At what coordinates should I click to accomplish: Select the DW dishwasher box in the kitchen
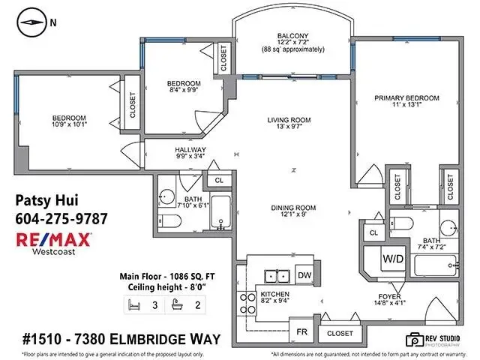click(x=304, y=275)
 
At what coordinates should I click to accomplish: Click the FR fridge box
click(x=301, y=331)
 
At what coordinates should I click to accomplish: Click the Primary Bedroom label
click(x=406, y=98)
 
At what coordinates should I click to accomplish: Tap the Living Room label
click(x=289, y=121)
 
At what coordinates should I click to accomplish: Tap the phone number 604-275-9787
click(x=61, y=218)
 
